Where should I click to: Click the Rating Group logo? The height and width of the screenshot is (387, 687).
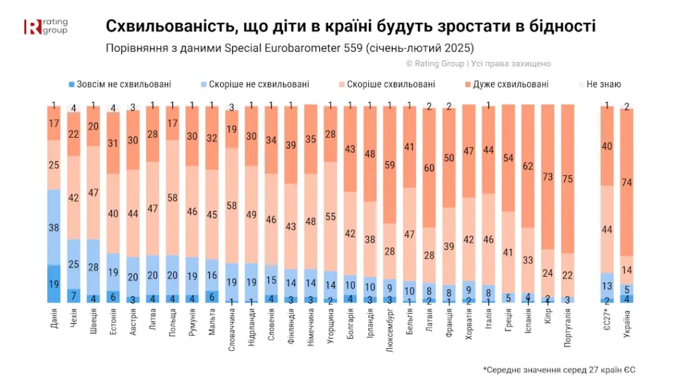[x=46, y=26]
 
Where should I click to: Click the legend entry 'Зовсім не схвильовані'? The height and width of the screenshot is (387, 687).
[x=120, y=84]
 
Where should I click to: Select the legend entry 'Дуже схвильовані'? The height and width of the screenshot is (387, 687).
[x=507, y=84]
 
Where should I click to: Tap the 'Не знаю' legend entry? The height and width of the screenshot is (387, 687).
[x=600, y=84]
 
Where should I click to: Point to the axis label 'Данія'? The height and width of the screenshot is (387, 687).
[x=54, y=318]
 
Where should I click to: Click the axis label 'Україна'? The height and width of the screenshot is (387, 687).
[x=627, y=325]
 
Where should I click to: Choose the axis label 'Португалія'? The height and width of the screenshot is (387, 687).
[x=568, y=328]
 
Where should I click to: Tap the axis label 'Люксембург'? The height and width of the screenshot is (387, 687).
[x=390, y=330]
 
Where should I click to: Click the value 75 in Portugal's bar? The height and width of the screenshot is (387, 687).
[x=568, y=179]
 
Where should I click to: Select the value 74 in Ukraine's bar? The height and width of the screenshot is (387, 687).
[x=627, y=183]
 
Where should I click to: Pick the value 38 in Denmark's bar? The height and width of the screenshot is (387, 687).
[x=54, y=228]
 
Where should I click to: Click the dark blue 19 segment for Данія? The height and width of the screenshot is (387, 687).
[x=54, y=284]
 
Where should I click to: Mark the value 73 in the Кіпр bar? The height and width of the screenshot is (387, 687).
[x=547, y=177]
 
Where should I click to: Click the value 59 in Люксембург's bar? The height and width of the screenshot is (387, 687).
[x=390, y=165]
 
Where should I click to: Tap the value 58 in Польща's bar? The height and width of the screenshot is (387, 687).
[x=172, y=198]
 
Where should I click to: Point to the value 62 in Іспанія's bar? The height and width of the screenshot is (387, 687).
[x=528, y=167]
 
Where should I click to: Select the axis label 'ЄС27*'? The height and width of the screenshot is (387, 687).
[x=606, y=319]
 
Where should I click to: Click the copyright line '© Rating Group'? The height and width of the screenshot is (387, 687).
[x=435, y=64]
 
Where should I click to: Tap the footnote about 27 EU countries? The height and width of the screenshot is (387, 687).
[x=559, y=370]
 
